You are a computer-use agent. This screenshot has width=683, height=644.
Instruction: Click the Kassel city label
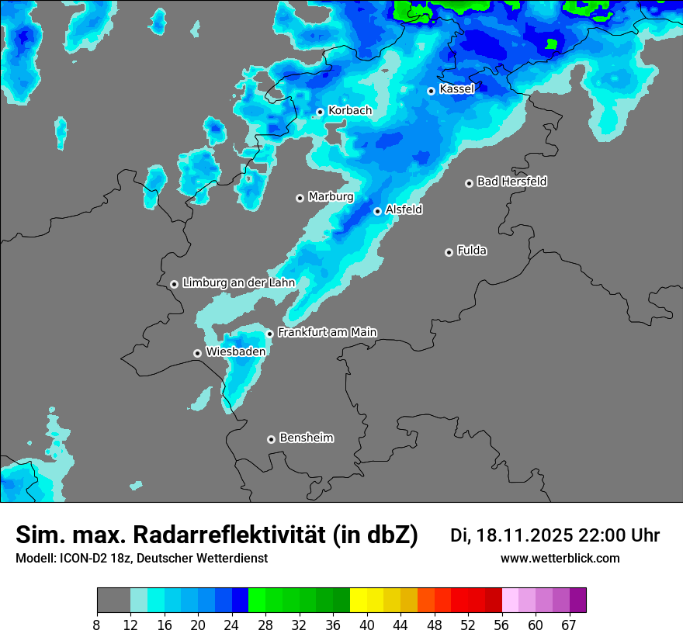[x=456, y=89]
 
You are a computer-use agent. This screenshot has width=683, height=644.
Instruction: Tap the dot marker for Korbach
[x=320, y=112]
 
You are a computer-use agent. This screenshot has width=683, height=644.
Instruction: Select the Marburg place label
[x=331, y=197]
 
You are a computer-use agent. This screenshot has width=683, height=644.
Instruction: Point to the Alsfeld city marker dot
[x=377, y=211]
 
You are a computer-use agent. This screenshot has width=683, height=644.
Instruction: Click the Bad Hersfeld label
[x=511, y=182]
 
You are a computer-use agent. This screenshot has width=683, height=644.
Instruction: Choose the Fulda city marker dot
[x=449, y=252]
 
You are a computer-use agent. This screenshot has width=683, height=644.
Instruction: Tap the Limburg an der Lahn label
[x=238, y=283]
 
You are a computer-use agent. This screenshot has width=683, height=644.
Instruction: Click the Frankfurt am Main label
[x=327, y=333]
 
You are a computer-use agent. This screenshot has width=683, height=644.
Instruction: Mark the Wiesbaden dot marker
[x=198, y=353]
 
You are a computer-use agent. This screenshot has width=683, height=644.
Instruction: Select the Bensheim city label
[x=306, y=438]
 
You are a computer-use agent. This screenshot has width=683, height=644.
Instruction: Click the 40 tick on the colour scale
[x=367, y=625]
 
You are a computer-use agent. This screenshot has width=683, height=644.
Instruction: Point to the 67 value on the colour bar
[x=569, y=625]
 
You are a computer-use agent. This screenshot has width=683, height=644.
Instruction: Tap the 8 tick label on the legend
[x=97, y=625]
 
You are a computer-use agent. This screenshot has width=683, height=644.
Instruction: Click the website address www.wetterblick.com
[x=560, y=559]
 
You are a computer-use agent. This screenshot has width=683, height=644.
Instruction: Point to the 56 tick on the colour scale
[x=501, y=625]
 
